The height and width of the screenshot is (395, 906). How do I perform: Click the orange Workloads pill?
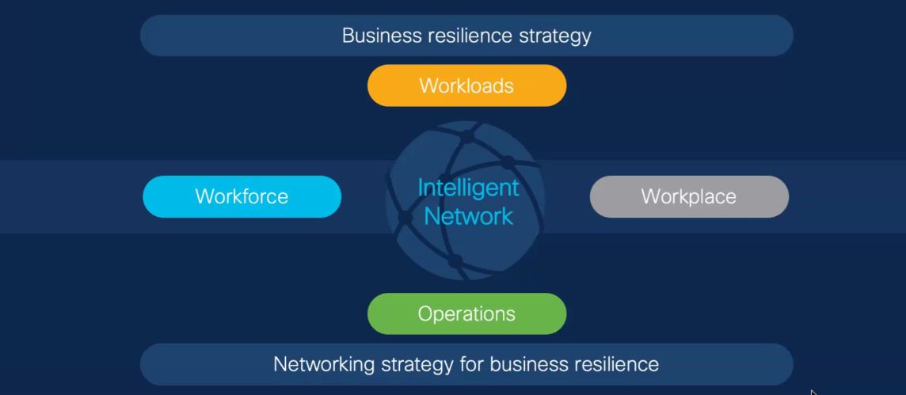coord(467,85)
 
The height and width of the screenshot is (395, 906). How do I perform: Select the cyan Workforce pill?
coord(242,196)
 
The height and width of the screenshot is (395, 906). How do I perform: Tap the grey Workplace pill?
coord(689,196)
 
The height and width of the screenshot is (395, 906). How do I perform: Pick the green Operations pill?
coord(467,313)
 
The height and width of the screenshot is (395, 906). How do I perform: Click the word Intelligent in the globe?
coord(468,188)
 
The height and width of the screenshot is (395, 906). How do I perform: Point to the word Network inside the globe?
coord(469,216)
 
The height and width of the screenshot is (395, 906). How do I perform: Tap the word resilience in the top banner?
coord(470,36)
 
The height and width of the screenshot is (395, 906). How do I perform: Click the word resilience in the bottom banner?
coord(616,364)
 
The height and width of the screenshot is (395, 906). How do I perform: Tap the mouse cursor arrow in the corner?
coord(814,393)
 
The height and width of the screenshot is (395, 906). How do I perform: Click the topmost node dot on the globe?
coord(466,137)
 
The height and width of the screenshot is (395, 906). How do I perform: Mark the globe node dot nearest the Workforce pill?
coord(405,217)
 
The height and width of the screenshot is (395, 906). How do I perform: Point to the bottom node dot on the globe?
coord(455,261)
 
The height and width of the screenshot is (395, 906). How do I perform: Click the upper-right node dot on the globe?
coord(508,162)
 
